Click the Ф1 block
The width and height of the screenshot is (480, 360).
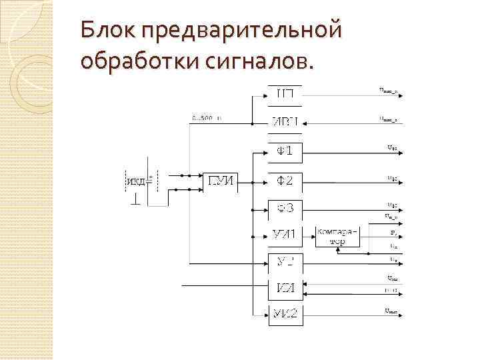pyautogui.click(x=285, y=151)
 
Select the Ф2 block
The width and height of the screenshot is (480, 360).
pyautogui.click(x=285, y=180)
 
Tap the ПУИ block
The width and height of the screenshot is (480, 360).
pyautogui.click(x=221, y=180)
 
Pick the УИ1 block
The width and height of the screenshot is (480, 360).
pyautogui.click(x=285, y=233)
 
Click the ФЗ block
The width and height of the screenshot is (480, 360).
pyautogui.click(x=285, y=209)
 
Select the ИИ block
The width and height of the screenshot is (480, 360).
pyautogui.click(x=285, y=287)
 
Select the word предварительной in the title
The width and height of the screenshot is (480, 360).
pyautogui.click(x=241, y=30)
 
